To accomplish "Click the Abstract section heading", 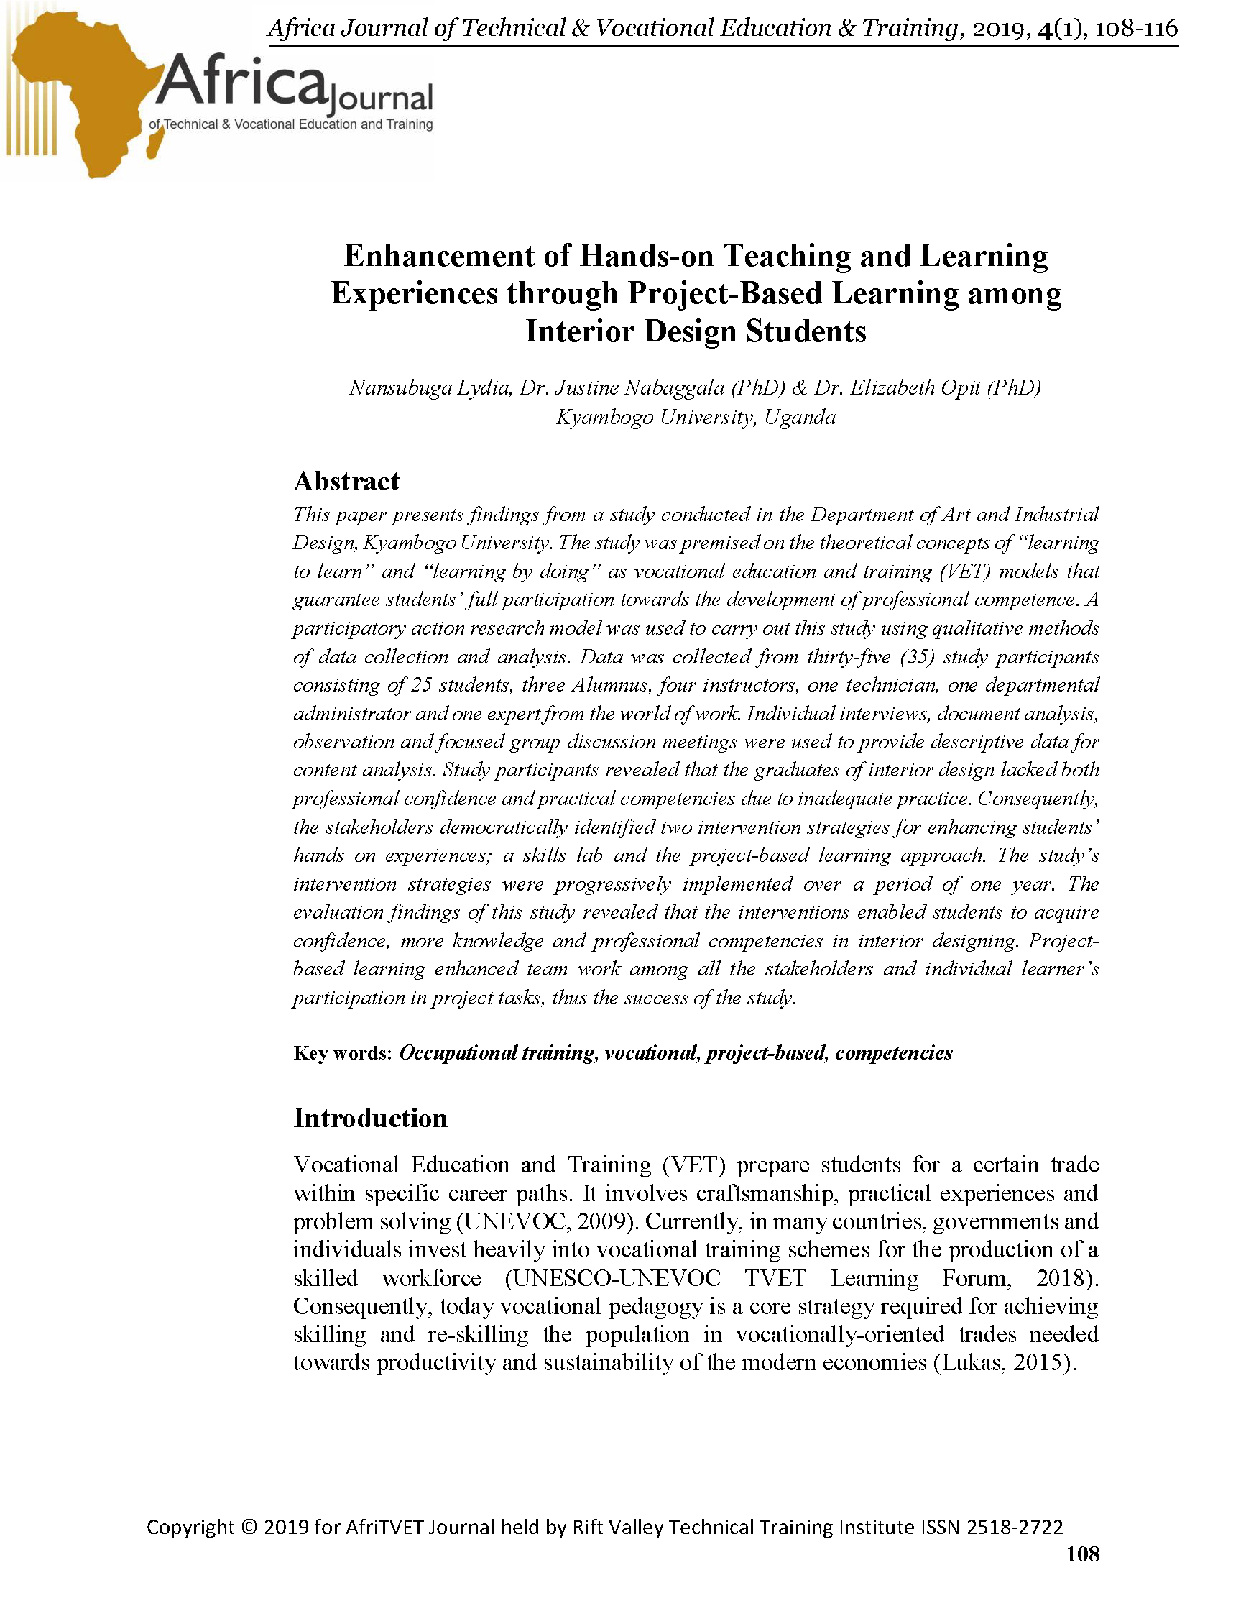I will pos(346,482).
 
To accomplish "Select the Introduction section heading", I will pos(370,1118).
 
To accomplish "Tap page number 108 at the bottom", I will pos(1082,1554).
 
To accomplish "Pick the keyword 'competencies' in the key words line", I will pos(894,1052).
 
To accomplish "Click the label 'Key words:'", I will pos(342,1053).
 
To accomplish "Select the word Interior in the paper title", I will pos(579,331).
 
